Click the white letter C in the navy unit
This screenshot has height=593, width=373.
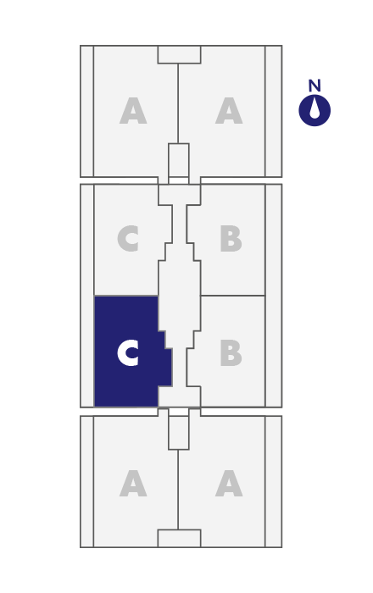pyautogui.click(x=128, y=352)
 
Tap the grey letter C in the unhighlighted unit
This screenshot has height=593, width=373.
pyautogui.click(x=128, y=238)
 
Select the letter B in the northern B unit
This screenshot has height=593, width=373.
pyautogui.click(x=231, y=238)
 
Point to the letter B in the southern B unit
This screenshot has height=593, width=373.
pyautogui.click(x=231, y=353)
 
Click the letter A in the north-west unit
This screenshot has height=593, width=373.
pyautogui.click(x=133, y=110)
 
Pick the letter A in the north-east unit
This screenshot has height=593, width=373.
pyautogui.click(x=229, y=110)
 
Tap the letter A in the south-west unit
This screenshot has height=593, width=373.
pyautogui.click(x=133, y=483)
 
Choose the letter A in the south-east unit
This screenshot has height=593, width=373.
pyautogui.click(x=229, y=483)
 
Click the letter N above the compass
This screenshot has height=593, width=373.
pyautogui.click(x=315, y=86)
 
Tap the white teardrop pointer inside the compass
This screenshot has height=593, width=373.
pyautogui.click(x=315, y=109)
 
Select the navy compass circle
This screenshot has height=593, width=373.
pyautogui.click(x=315, y=110)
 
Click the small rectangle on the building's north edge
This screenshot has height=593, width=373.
pyautogui.click(x=179, y=54)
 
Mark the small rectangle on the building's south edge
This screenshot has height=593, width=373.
pyautogui.click(x=179, y=538)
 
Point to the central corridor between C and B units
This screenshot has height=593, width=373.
pyautogui.click(x=180, y=295)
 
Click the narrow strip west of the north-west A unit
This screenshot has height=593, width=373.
pyautogui.click(x=86, y=111)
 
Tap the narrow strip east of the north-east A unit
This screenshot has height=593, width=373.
pyautogui.click(x=273, y=111)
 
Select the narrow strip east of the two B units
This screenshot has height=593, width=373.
pyautogui.click(x=273, y=296)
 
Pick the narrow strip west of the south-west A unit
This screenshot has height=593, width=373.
pyautogui.click(x=86, y=481)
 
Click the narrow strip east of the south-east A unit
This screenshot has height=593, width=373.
pyautogui.click(x=273, y=481)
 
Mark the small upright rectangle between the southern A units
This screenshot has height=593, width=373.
pyautogui.click(x=179, y=433)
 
